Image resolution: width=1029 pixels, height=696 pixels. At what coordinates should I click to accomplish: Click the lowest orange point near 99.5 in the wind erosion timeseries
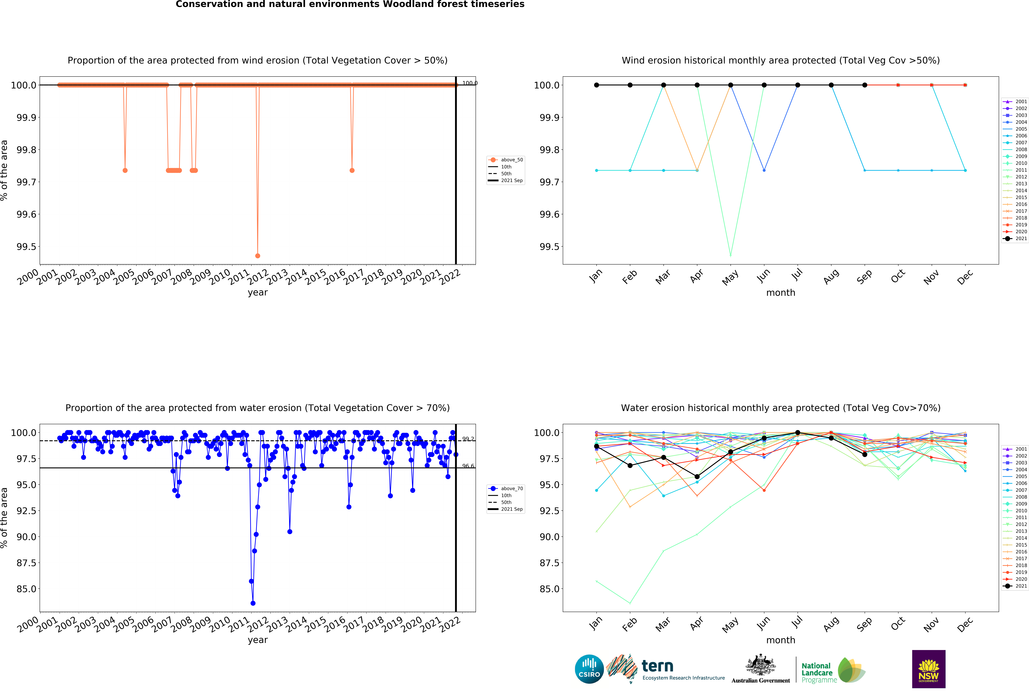tap(258, 256)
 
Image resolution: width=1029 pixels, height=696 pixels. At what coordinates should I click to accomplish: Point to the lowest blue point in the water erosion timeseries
tap(253, 603)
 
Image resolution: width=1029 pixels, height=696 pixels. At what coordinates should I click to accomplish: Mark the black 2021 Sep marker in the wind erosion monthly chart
tap(865, 85)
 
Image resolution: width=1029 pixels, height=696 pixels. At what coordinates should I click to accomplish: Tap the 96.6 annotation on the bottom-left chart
tap(468, 466)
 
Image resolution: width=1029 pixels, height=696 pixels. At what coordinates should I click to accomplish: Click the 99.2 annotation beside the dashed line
tap(468, 439)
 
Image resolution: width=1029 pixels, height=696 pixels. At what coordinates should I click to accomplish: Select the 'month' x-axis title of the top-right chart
tap(781, 293)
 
